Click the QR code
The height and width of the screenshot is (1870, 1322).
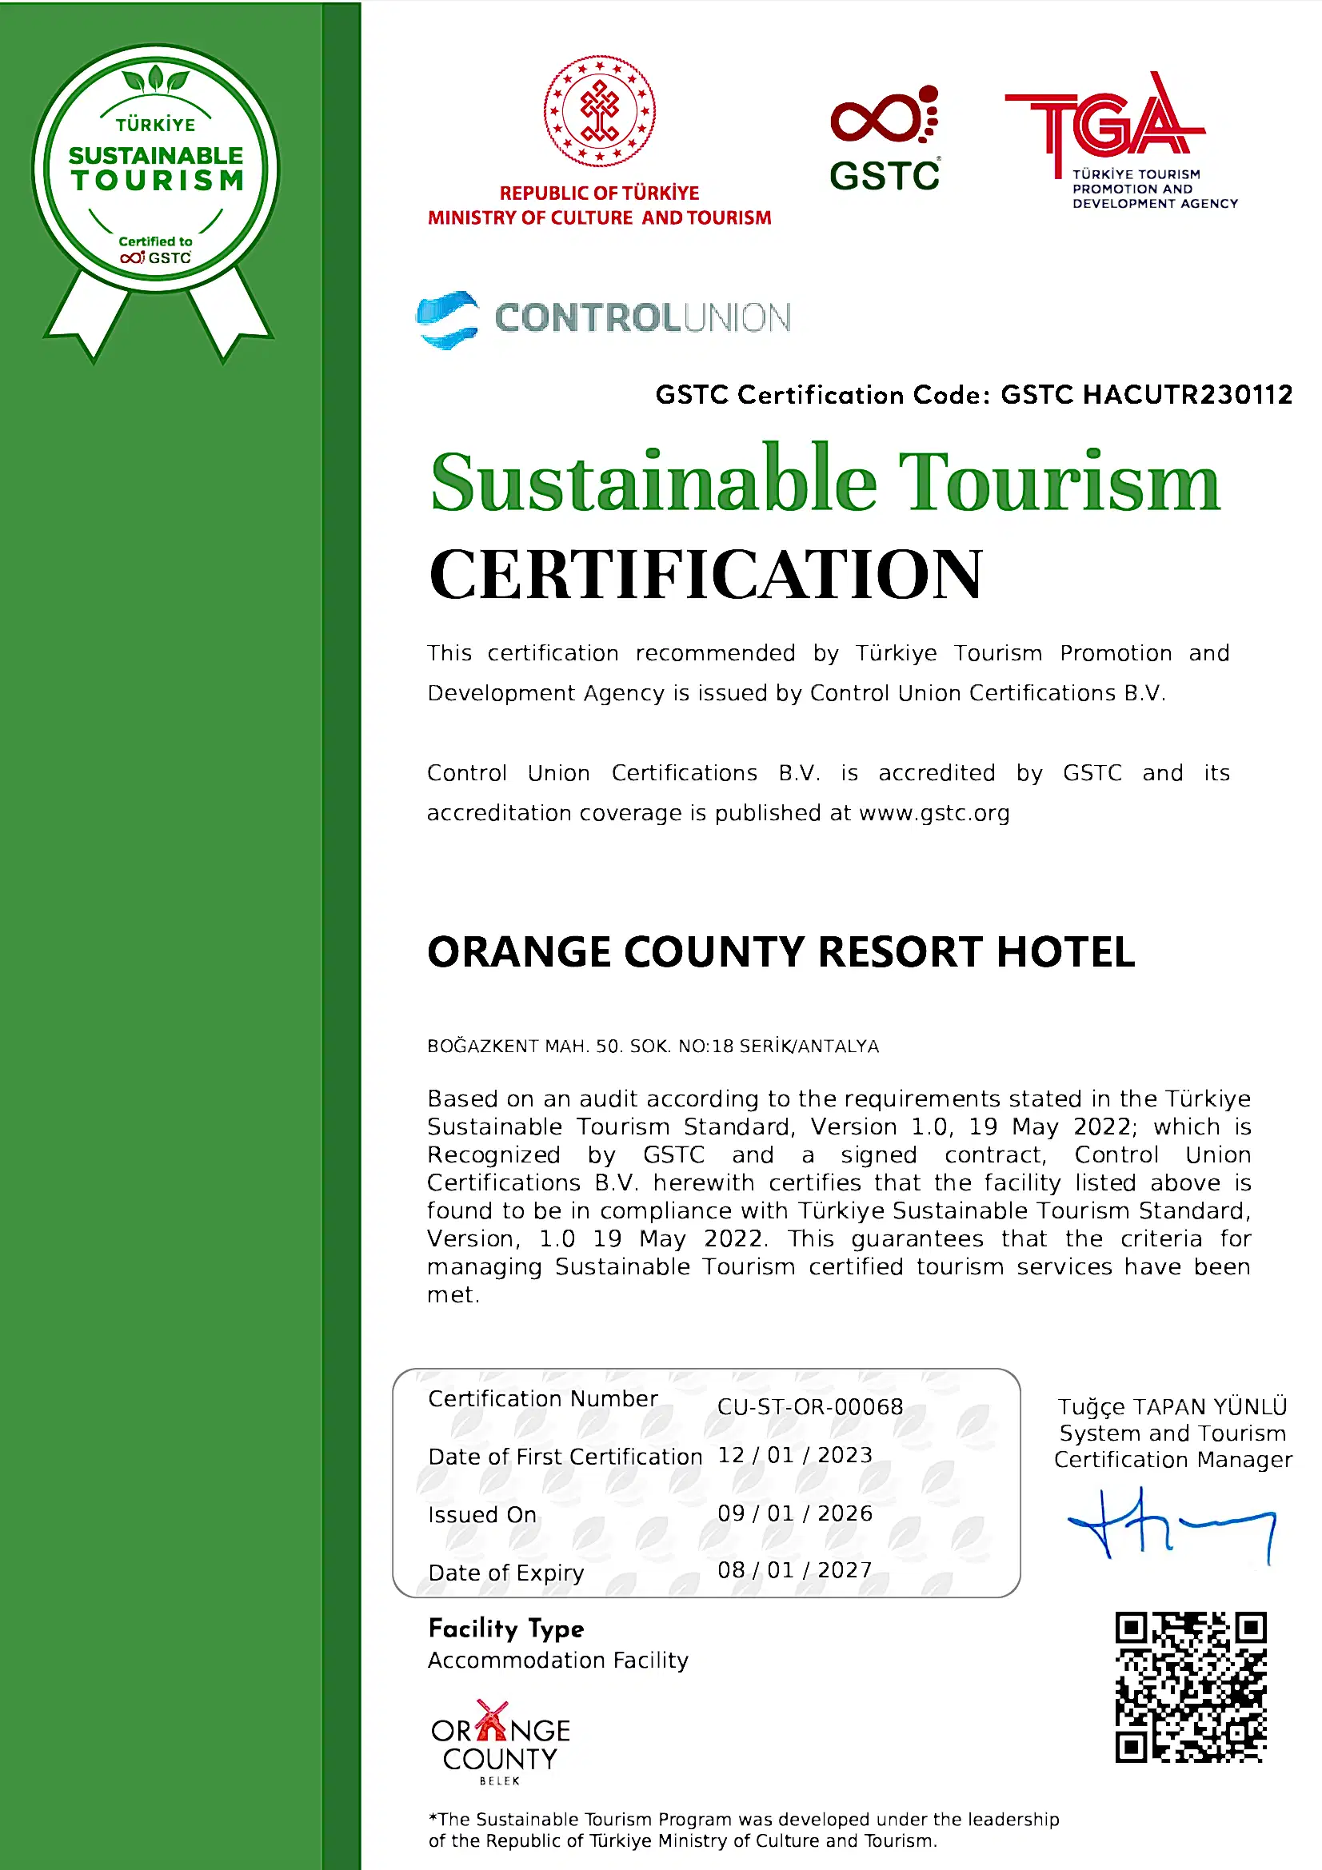(x=1190, y=1686)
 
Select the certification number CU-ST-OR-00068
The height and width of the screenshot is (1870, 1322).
(x=809, y=1406)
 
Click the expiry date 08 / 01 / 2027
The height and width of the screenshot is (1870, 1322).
(x=794, y=1569)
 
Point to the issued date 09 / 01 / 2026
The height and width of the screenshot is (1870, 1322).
(x=794, y=1513)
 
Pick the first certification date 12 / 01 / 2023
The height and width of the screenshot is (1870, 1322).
(x=794, y=1454)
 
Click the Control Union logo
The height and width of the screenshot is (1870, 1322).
(x=603, y=318)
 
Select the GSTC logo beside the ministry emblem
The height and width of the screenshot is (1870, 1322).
(x=885, y=138)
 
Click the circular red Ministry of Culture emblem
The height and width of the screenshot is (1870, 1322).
(x=600, y=111)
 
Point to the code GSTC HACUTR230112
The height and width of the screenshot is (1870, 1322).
(x=1146, y=395)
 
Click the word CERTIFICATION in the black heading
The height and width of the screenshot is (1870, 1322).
(x=705, y=574)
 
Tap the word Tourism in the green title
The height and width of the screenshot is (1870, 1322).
(x=1058, y=482)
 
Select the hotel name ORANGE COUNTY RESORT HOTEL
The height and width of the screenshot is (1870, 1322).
(x=781, y=951)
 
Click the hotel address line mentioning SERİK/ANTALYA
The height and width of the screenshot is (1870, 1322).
(x=653, y=1046)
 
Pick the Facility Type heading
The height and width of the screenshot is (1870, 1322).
(x=505, y=1629)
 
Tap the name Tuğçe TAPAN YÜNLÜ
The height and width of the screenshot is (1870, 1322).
(x=1172, y=1406)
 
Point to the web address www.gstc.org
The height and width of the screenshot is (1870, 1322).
(x=933, y=813)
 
